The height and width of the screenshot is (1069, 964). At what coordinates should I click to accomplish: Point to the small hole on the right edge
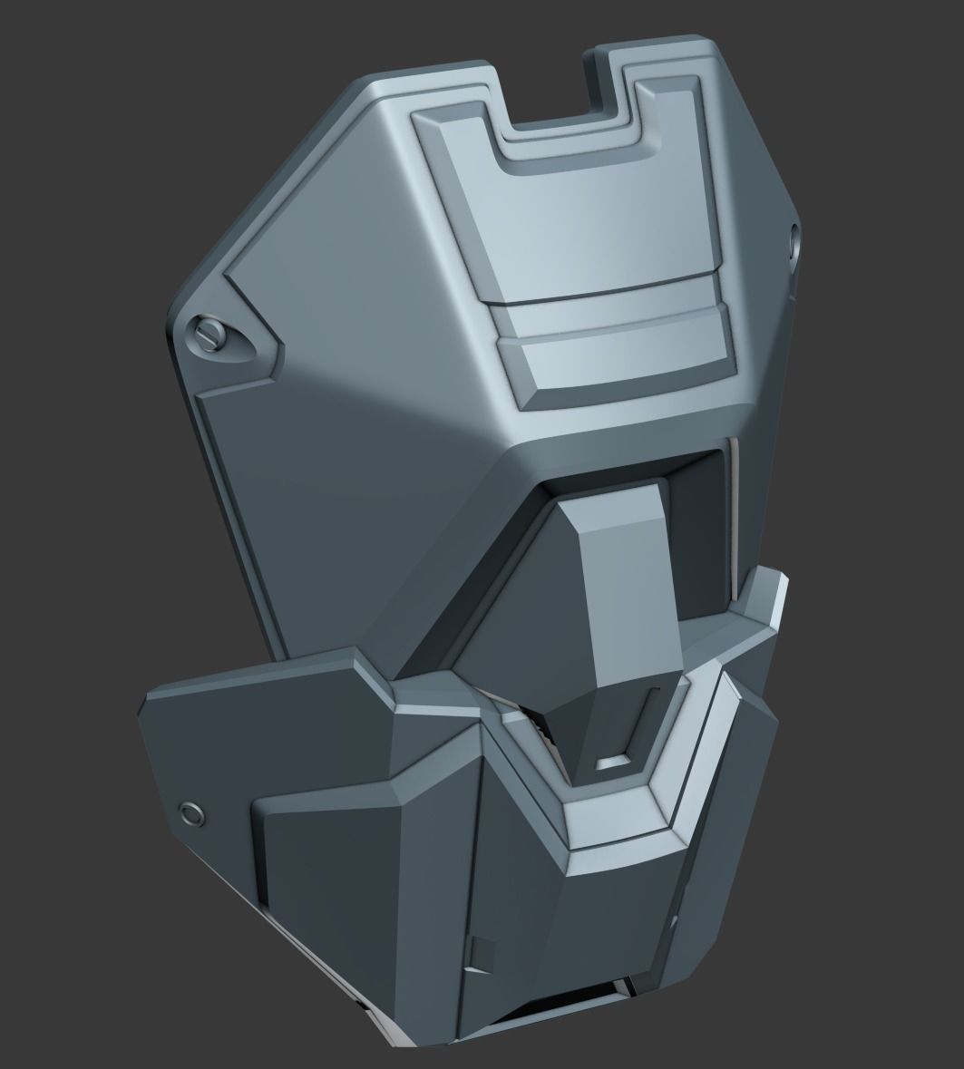tap(795, 239)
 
